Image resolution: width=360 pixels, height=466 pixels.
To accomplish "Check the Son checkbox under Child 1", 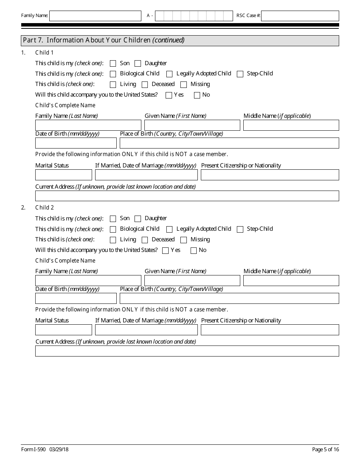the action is coord(113,64).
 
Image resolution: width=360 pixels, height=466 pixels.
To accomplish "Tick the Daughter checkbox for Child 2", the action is coord(138,219).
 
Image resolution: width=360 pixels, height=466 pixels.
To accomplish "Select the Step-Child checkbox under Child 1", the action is coord(240,74).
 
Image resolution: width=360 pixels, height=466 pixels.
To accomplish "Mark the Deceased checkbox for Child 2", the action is coord(145,240).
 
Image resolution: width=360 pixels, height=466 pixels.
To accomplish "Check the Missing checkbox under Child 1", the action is coord(184,84).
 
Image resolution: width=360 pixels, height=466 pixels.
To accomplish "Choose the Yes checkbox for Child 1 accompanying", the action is coord(169,95).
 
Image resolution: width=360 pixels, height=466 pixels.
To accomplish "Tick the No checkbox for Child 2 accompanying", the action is coord(194,250).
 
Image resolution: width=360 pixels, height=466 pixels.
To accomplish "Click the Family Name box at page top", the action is coord(95,16).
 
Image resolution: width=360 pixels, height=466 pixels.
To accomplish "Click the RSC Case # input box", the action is coord(300,16).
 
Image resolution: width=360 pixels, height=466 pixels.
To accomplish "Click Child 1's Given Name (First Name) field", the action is coord(192,125).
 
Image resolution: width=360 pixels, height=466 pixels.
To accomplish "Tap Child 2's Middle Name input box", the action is coord(291,281).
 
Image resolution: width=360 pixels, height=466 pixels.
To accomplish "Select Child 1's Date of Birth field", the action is coord(76,143).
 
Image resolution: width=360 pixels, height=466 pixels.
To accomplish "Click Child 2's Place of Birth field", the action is coord(229,299).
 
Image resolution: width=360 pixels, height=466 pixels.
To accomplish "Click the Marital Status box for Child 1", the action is coord(64,175).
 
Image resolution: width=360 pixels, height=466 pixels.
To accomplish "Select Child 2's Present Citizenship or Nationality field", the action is coord(270,330).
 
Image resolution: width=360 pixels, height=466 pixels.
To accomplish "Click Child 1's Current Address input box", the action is coord(187,196).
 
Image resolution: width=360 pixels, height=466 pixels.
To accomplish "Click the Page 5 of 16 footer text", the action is coord(325,449).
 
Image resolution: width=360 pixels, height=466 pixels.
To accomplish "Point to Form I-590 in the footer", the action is coord(34,449).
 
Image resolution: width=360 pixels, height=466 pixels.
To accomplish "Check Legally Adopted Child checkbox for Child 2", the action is coord(169,229).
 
